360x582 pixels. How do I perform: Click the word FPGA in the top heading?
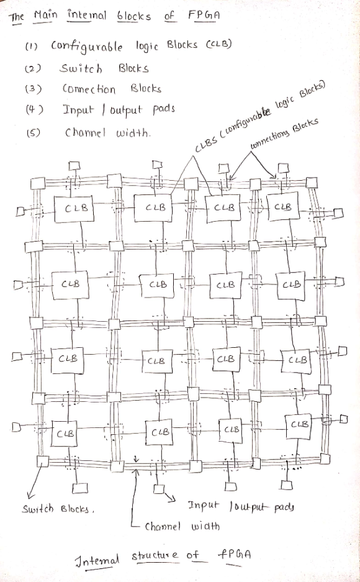coord(204,16)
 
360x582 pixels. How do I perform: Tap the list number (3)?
coord(33,89)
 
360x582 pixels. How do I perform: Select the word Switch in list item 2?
coord(81,69)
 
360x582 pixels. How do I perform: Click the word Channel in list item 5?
coord(85,133)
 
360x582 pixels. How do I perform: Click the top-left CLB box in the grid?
coord(74,208)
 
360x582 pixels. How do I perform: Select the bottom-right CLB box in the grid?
coord(299,426)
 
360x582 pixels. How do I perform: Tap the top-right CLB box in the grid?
coord(283,206)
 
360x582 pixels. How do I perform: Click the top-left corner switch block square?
coord(38,183)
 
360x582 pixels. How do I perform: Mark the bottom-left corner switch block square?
coord(43,462)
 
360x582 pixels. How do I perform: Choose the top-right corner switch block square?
coord(312,183)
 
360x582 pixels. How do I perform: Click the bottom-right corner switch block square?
coord(325,459)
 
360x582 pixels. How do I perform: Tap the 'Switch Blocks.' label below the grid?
coord(58,509)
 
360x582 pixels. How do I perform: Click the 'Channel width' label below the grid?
coord(182,526)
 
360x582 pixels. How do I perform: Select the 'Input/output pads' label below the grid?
coord(241,507)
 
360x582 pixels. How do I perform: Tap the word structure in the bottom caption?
coord(155,556)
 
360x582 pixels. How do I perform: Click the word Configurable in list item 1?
coord(86,47)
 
